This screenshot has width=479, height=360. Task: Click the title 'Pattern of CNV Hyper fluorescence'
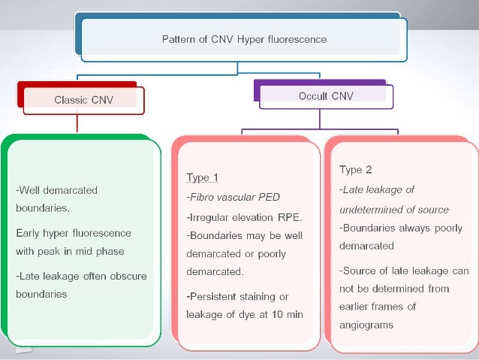(244, 39)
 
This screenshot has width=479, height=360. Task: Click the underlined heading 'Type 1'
(202, 178)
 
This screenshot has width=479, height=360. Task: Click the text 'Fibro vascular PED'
(233, 198)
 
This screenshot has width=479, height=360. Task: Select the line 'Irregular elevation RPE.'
(243, 217)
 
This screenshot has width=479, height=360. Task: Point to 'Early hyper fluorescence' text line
(73, 232)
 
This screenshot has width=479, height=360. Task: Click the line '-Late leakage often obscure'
(81, 276)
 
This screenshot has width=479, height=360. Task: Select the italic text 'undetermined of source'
(394, 210)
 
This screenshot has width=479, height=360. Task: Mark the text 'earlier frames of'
(378, 307)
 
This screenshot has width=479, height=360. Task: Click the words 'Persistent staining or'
(237, 295)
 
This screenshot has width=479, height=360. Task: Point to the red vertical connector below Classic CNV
(77, 124)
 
